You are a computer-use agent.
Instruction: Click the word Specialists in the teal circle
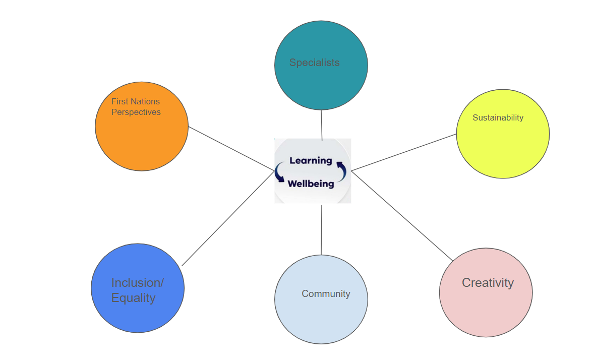314,63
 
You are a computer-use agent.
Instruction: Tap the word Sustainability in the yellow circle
498,117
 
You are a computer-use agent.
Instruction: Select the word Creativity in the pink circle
488,282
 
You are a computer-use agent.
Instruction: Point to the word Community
326,293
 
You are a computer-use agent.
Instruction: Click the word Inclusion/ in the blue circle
138,282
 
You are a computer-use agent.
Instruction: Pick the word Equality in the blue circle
133,297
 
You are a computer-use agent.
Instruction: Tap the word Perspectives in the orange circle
136,112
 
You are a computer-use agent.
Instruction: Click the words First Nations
136,101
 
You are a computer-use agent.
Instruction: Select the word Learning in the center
311,160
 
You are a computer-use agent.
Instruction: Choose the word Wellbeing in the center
311,184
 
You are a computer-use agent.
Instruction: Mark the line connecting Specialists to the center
322,125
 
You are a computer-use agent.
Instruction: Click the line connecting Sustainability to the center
403,152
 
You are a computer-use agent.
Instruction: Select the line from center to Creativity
402,216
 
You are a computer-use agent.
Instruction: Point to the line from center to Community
321,230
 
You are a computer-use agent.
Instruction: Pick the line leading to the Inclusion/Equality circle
228,218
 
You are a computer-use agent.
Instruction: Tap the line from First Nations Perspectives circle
231,149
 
